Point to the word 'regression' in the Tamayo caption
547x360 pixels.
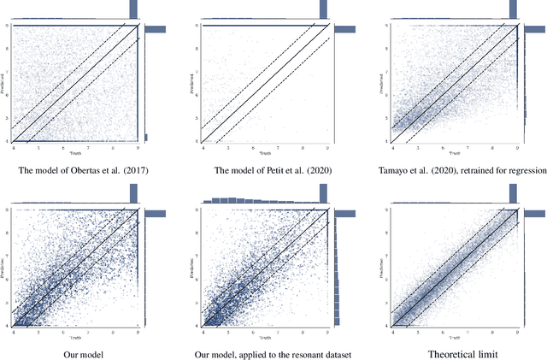click(525, 170)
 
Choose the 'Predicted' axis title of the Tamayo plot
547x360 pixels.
click(386, 83)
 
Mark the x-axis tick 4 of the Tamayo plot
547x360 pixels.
click(393, 146)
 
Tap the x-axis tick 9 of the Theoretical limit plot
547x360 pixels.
click(517, 329)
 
